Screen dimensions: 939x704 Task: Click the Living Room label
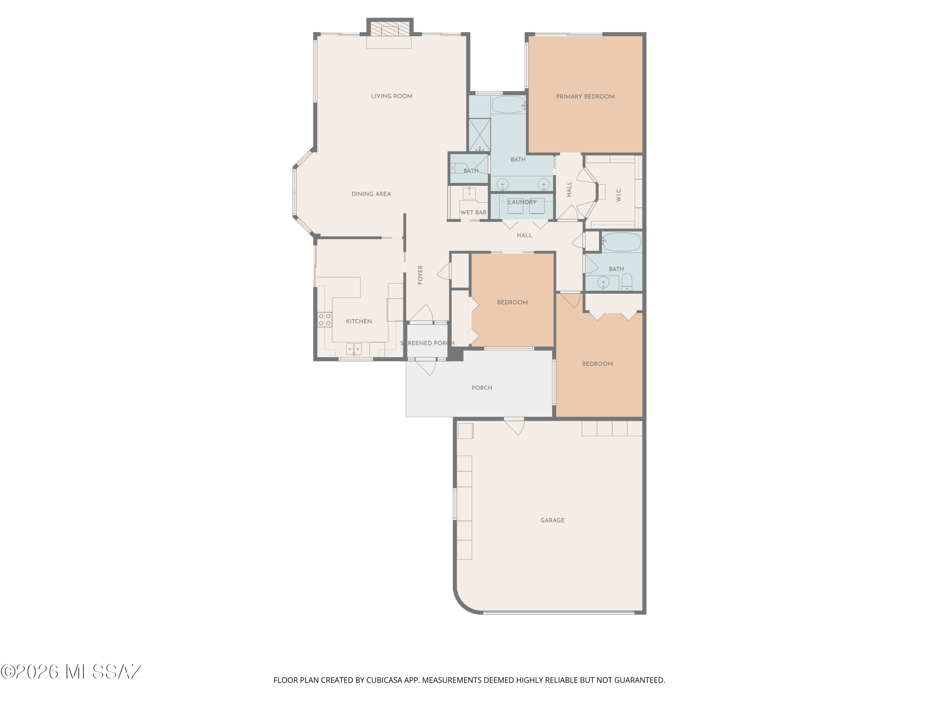pos(391,96)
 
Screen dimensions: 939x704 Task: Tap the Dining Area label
pos(371,194)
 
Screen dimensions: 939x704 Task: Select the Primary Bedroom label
pos(585,97)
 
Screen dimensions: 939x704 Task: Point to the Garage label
pos(552,520)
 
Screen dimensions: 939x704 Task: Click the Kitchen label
pos(359,321)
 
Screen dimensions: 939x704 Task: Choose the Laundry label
pos(522,202)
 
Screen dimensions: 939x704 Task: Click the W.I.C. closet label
pos(618,195)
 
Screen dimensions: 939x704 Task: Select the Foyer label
pos(420,275)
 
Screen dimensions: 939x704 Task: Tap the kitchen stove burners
pos(325,319)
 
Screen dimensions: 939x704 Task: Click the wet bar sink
pos(469,193)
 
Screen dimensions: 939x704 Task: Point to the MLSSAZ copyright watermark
pos(71,672)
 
